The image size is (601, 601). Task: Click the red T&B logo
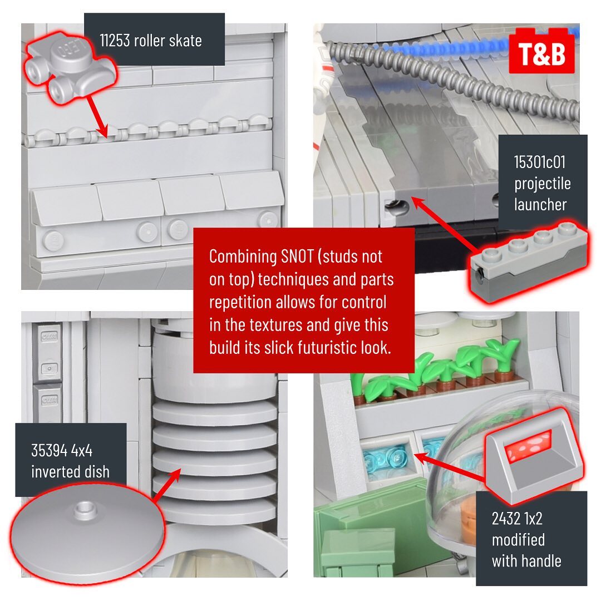tap(541, 51)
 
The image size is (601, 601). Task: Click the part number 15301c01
tap(540, 162)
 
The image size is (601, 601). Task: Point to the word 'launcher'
tap(540, 204)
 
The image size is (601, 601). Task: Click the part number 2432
tap(506, 519)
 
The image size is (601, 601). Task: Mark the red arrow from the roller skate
tap(97, 116)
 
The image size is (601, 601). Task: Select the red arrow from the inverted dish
tap(166, 485)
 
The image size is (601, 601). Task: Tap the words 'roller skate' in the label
tap(168, 40)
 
